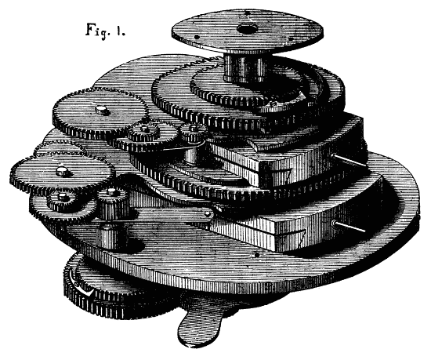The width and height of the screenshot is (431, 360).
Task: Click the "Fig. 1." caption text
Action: coord(106,31)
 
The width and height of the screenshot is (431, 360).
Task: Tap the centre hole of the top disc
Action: coord(247,28)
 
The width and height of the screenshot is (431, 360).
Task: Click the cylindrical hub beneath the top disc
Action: coord(245,68)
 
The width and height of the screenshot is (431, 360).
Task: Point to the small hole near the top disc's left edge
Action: coord(196,37)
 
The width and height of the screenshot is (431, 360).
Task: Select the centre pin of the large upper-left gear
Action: coord(102,110)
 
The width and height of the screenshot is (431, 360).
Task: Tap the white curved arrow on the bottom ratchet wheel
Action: coord(80,285)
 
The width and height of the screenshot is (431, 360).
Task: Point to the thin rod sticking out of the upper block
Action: coord(348,161)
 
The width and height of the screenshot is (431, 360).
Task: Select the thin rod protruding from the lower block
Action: coord(349,227)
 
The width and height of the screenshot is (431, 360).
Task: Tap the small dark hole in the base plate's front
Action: coord(257,255)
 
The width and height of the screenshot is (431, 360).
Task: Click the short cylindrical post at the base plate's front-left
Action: coord(112,236)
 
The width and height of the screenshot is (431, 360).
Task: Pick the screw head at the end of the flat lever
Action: coord(208,213)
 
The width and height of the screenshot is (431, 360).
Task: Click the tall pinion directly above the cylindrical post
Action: coord(113,202)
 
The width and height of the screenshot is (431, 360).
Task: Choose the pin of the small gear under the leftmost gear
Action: coord(62,196)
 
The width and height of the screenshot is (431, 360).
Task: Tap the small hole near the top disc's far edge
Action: coord(247,13)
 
